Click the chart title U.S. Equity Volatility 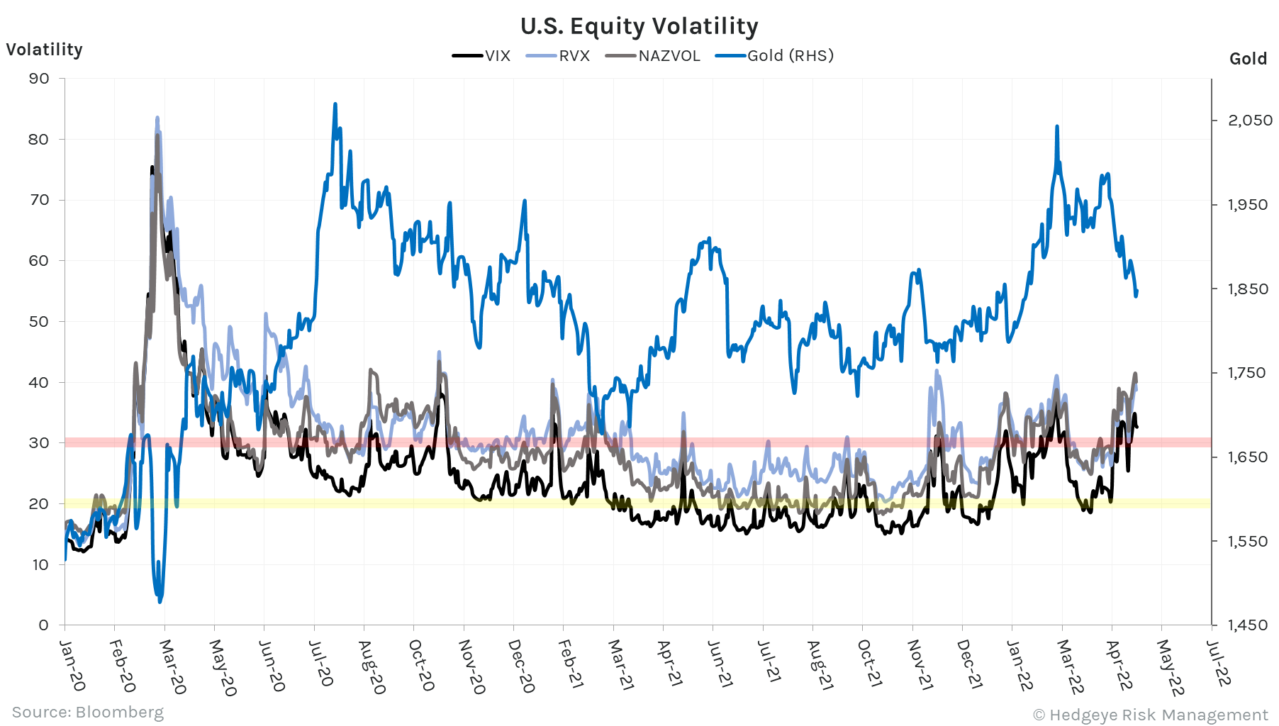tap(639, 26)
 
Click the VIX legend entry tap(482, 56)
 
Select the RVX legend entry tap(559, 56)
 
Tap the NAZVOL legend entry tap(653, 56)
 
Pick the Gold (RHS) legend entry tap(775, 56)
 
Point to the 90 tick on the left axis tap(39, 79)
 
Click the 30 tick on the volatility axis tap(39, 443)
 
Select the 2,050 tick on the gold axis tap(1250, 121)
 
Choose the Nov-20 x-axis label tap(471, 666)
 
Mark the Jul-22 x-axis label tap(1218, 662)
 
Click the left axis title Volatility tap(44, 50)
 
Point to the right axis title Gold tap(1248, 59)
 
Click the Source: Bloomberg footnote tap(88, 712)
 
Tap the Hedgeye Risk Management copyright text tap(1150, 715)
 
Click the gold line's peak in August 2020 tap(335, 104)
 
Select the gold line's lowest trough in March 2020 tap(160, 601)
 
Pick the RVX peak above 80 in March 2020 tap(157, 118)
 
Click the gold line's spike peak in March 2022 tap(1057, 127)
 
